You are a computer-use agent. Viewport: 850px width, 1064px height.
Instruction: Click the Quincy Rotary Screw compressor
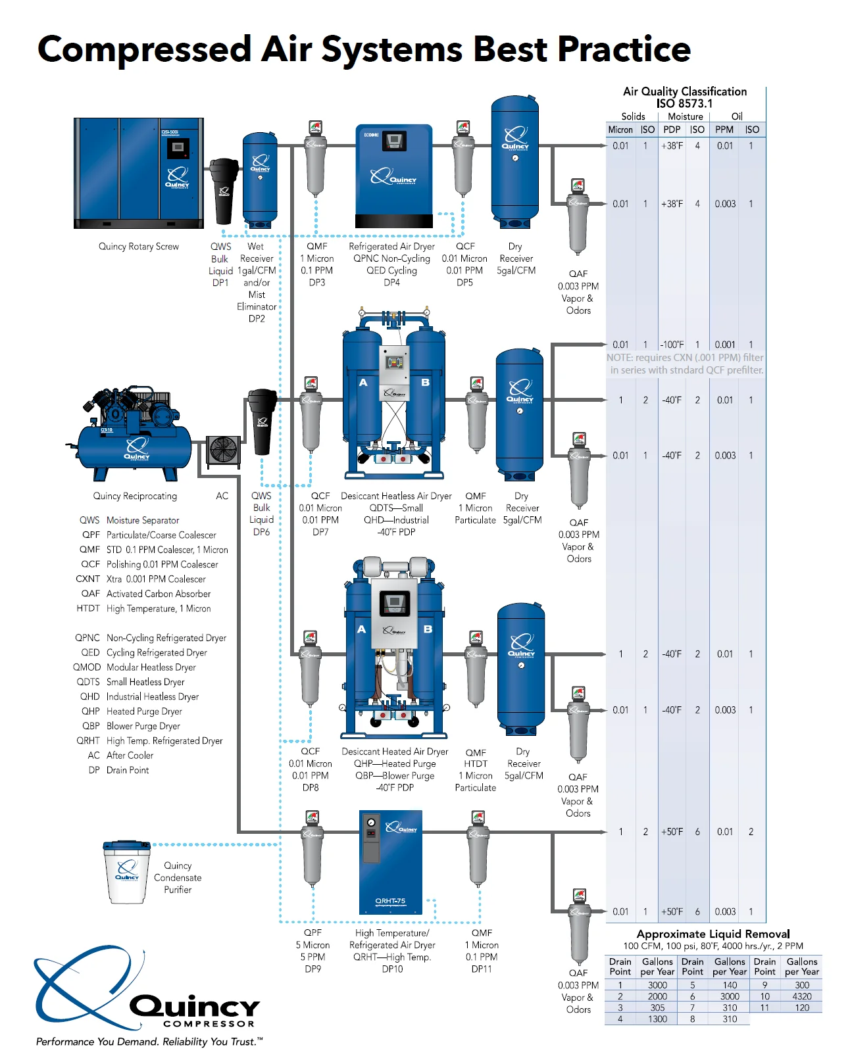click(139, 173)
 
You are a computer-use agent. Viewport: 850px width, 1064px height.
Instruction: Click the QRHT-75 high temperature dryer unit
click(390, 861)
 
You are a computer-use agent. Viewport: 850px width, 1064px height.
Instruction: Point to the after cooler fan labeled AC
click(224, 451)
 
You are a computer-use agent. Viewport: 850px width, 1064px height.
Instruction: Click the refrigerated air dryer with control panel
click(393, 176)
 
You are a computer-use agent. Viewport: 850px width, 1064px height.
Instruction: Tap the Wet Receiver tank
click(260, 179)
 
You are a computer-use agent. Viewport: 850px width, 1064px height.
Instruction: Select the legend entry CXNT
click(87, 579)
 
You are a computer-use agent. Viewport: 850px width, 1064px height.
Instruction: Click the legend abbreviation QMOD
click(87, 667)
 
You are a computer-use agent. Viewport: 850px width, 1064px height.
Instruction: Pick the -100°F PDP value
click(672, 345)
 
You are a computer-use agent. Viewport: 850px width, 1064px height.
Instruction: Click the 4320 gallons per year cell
click(802, 996)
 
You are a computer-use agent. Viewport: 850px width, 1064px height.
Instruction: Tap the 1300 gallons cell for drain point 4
click(657, 1019)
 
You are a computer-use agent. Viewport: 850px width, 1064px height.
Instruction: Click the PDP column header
click(672, 130)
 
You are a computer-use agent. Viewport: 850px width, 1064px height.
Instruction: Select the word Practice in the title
click(624, 49)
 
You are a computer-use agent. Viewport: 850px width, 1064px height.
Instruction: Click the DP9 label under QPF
click(312, 969)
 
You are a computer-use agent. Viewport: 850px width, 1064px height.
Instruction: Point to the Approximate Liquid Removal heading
click(712, 934)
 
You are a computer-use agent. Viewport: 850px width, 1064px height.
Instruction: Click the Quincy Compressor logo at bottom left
click(148, 993)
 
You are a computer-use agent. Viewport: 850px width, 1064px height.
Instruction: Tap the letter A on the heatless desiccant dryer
click(362, 382)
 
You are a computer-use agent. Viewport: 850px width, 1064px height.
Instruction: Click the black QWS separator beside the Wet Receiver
click(224, 191)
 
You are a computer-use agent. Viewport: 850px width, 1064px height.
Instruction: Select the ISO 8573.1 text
click(684, 103)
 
